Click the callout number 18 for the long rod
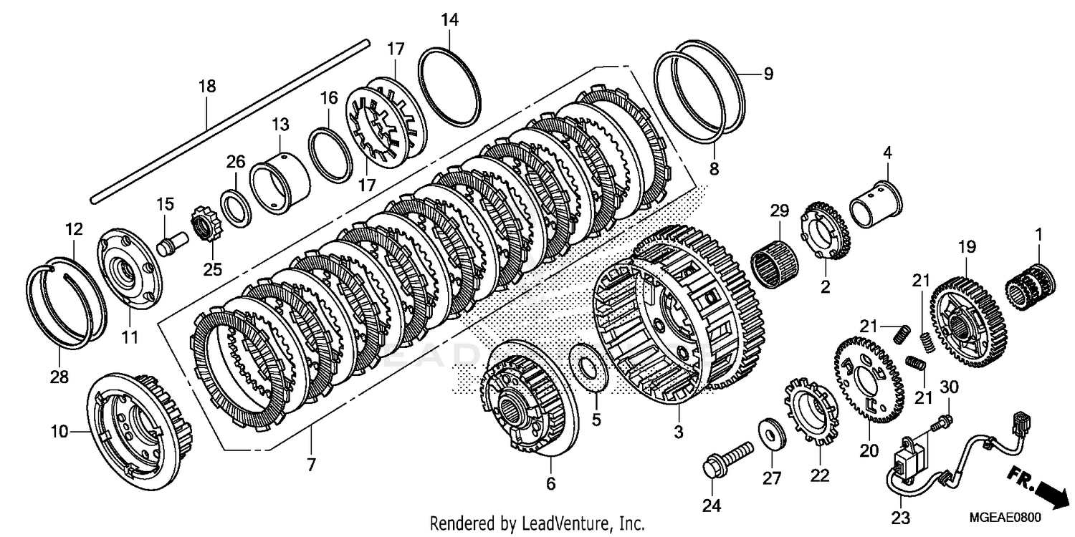(x=206, y=87)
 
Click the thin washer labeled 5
(x=590, y=367)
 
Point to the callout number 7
(x=310, y=464)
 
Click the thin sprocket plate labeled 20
(x=869, y=379)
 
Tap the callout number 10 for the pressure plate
(x=59, y=432)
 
